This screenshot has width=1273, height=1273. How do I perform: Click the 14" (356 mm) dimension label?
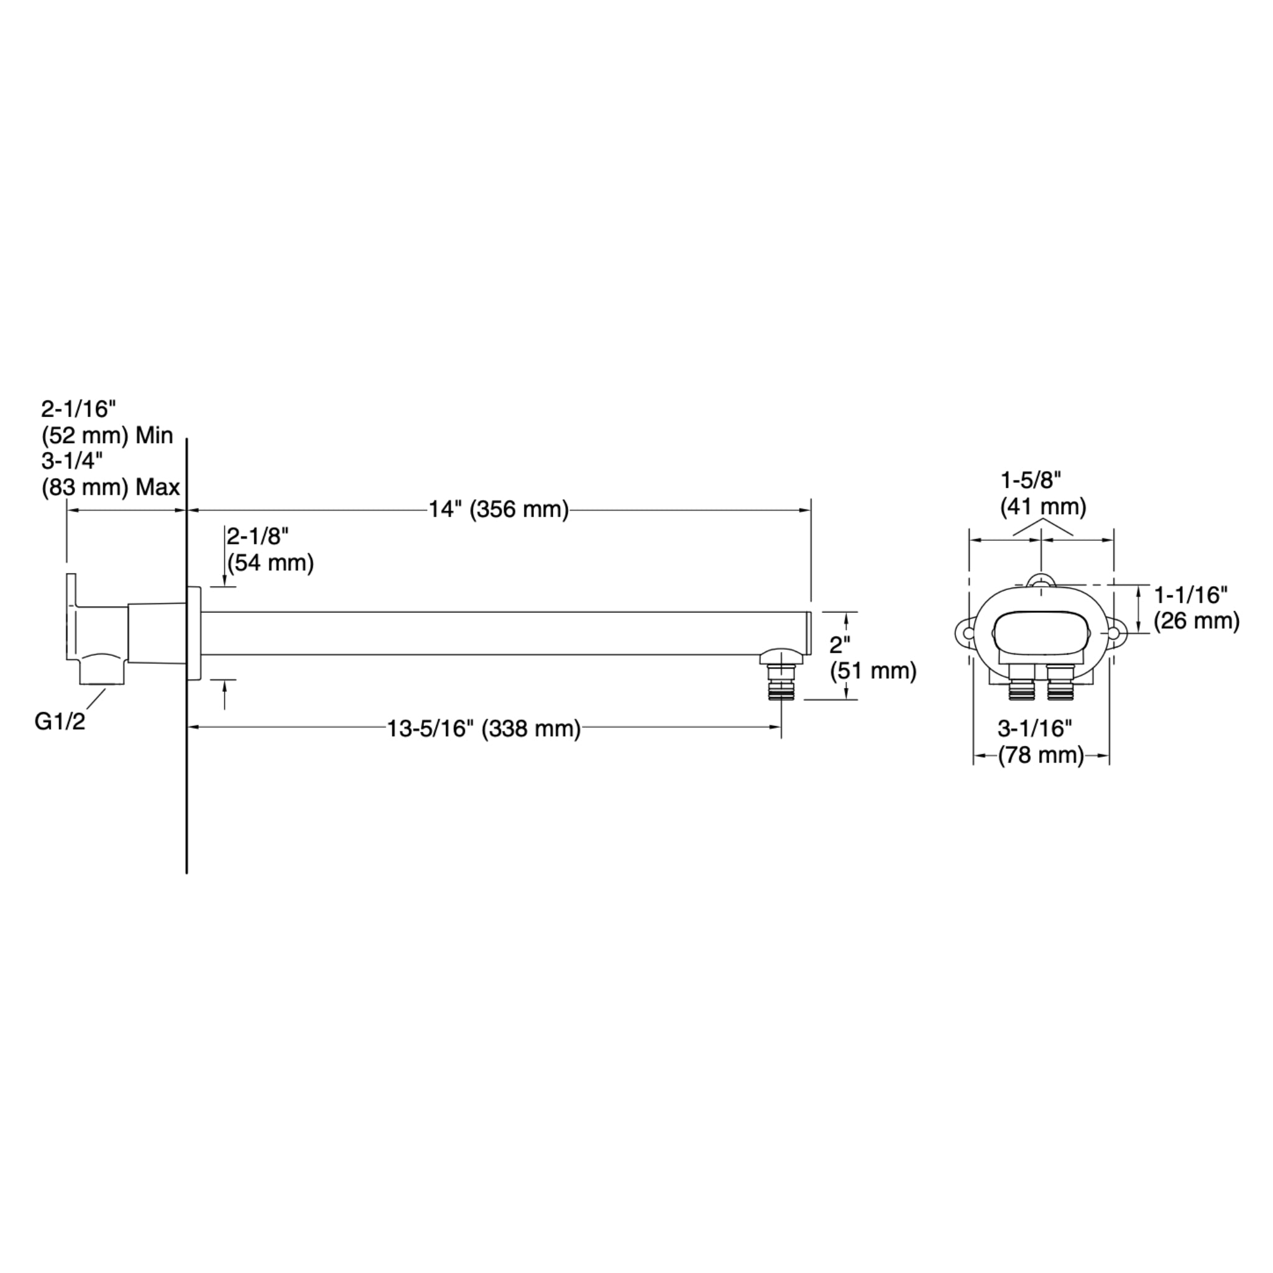point(499,509)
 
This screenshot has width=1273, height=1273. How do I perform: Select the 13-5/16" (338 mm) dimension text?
point(484,728)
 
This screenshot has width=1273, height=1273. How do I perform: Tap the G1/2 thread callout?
point(60,722)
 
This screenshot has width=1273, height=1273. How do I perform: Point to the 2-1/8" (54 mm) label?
point(270,549)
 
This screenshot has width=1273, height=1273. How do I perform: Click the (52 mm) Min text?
point(107,435)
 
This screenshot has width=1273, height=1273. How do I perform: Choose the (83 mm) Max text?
point(110,487)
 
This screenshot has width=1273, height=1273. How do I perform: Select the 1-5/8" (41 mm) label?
point(1043,494)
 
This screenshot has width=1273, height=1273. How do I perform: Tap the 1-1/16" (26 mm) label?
point(1196,608)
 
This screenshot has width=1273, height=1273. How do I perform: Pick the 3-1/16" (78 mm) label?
point(1041,742)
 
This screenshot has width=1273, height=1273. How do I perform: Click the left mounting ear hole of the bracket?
point(968,633)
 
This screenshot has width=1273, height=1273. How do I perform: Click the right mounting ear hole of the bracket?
point(1113,633)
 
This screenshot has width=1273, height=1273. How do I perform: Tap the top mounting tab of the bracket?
point(1041,581)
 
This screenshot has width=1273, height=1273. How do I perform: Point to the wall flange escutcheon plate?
point(194,633)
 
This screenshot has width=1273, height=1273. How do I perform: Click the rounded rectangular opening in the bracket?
point(1041,633)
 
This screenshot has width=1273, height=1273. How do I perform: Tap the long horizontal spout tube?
point(501,633)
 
